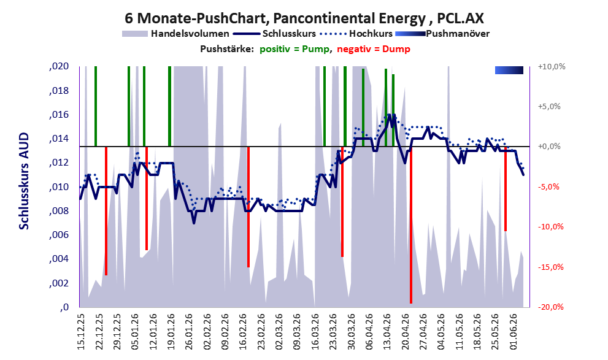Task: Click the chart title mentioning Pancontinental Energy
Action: (304, 18)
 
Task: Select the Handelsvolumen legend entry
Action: (175, 34)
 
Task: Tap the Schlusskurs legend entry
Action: (274, 34)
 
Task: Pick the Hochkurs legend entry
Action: (356, 34)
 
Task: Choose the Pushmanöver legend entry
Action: (442, 34)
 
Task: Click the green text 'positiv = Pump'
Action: (295, 49)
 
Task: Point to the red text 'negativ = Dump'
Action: (374, 49)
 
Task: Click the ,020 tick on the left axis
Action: (59, 66)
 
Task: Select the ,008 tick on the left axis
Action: (59, 211)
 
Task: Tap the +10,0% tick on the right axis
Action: (552, 66)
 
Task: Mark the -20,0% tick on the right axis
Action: (550, 307)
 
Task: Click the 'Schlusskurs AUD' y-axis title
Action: (24, 181)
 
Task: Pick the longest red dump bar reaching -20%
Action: (410, 224)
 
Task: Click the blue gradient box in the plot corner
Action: (509, 70)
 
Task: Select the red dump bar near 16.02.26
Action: (248, 207)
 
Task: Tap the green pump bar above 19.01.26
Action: (169, 106)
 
